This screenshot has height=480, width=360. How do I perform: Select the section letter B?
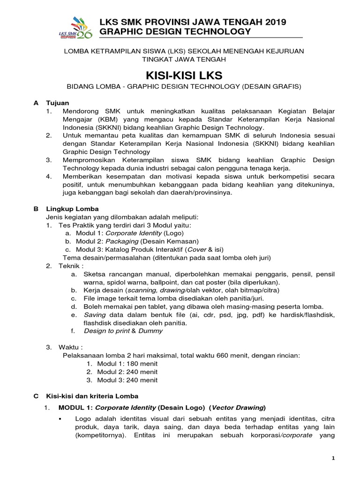click(36, 209)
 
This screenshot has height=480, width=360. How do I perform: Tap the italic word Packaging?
click(122, 241)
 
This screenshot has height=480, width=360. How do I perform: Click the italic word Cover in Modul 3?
click(197, 249)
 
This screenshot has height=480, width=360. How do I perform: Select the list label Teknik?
click(66, 266)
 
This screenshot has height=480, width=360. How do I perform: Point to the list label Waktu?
click(66, 347)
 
